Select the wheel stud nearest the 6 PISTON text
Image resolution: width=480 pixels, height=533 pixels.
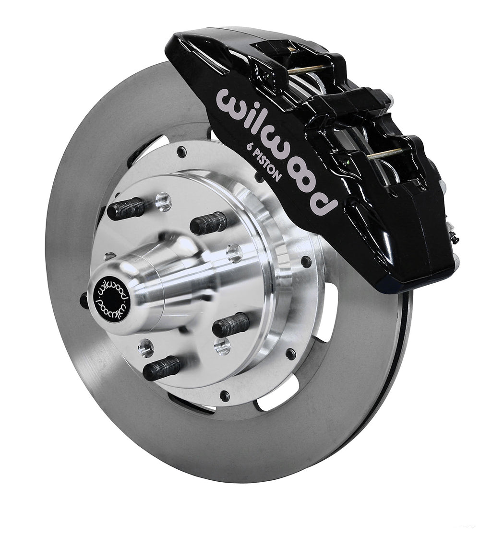pyautogui.click(x=208, y=223)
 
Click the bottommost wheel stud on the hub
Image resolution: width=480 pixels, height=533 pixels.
pyautogui.click(x=162, y=369)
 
